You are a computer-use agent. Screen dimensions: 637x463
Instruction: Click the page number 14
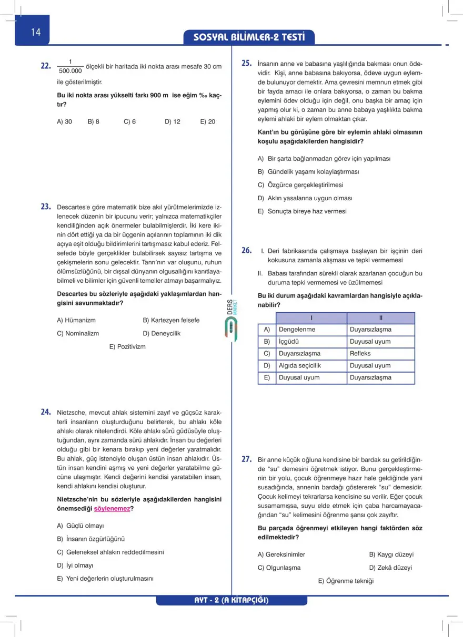(x=35, y=32)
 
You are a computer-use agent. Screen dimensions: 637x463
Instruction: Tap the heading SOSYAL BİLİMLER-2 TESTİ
(x=249, y=38)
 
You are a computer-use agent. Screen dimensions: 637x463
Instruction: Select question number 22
(x=46, y=67)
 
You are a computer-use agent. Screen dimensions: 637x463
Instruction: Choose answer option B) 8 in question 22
(x=94, y=121)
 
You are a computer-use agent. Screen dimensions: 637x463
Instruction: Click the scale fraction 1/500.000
(x=71, y=66)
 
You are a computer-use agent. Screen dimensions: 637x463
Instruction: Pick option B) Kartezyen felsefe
(x=171, y=320)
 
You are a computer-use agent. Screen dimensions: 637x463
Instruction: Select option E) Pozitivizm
(x=127, y=346)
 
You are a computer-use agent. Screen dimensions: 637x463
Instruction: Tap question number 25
(x=247, y=63)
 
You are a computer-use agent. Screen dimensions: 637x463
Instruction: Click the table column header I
(x=311, y=318)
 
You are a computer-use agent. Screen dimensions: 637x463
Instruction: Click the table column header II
(x=381, y=318)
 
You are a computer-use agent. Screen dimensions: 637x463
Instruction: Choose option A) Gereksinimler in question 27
(x=281, y=554)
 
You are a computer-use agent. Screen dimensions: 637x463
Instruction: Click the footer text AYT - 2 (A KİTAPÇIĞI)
(x=231, y=600)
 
